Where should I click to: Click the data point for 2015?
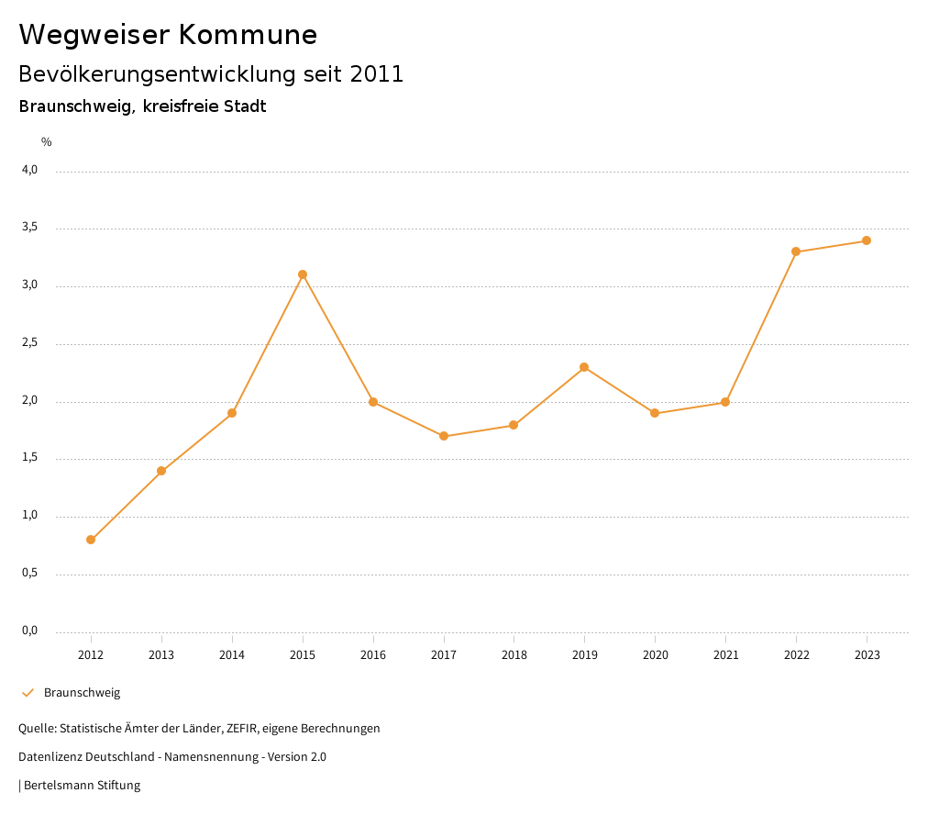(x=303, y=274)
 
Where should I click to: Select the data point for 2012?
(x=91, y=540)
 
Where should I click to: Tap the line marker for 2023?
(x=866, y=240)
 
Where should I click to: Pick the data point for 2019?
(x=584, y=367)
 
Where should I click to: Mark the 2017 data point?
(x=444, y=436)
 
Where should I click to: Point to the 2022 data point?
(x=796, y=251)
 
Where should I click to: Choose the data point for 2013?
(x=161, y=471)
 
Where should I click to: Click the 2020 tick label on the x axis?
(x=655, y=655)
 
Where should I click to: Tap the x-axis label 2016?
(x=373, y=655)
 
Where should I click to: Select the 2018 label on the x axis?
(x=514, y=655)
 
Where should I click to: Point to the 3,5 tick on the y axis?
(x=30, y=228)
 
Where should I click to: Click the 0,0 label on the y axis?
(x=30, y=631)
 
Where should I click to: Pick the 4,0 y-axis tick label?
(x=30, y=170)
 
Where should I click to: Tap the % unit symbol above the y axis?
(x=47, y=142)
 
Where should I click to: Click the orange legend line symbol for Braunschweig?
(x=28, y=693)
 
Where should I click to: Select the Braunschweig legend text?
(x=82, y=693)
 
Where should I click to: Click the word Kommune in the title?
(x=248, y=35)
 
